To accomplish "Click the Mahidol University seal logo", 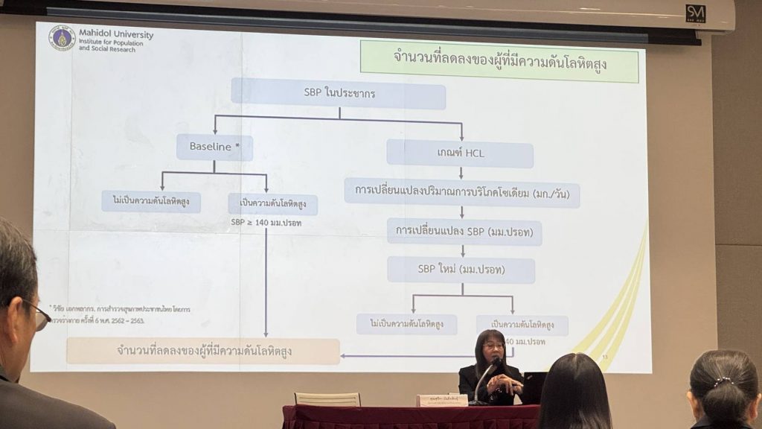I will coord(62,37).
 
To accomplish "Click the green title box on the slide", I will coord(499,61).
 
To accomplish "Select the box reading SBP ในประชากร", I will coord(339,94).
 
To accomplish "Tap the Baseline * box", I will coord(214,147).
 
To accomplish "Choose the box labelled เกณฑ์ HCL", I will coord(460,153).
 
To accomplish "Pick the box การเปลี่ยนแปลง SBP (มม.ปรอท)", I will coord(464,232).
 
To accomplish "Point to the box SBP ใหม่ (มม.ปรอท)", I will coord(461,270).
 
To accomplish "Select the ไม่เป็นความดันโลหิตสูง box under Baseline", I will coord(151,201).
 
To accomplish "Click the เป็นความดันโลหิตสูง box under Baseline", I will coord(272,203).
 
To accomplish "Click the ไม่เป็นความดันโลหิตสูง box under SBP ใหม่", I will coord(406,324).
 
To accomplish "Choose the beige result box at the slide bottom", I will coord(202,351).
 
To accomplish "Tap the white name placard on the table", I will coord(442,401).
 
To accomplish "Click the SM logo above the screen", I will coord(696,13).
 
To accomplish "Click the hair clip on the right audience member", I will coord(723,382).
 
